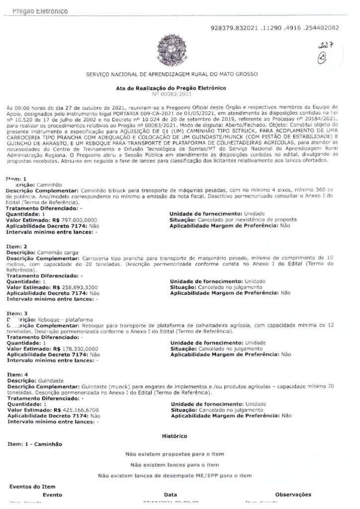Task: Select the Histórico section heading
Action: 175,436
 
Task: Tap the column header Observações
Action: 293,495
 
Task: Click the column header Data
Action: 171,495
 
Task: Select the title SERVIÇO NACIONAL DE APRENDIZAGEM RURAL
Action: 172,74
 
